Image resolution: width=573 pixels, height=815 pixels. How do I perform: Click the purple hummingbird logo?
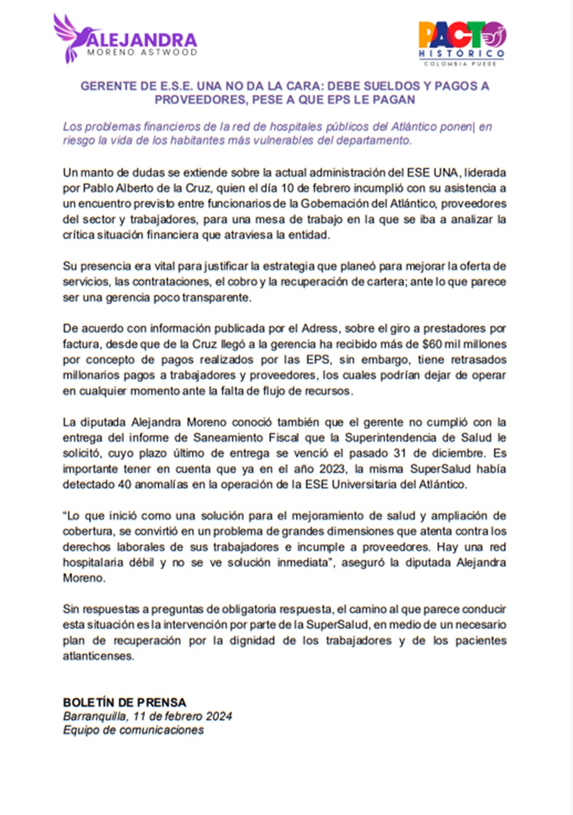69,37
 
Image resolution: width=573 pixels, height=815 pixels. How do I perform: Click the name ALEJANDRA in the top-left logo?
143,40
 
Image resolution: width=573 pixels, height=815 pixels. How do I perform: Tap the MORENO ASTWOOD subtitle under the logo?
142,53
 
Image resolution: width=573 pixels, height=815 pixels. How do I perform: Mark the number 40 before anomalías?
124,484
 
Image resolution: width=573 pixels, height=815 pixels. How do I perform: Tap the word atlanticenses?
98,656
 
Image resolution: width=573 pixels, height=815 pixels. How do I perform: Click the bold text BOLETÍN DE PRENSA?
124,702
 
